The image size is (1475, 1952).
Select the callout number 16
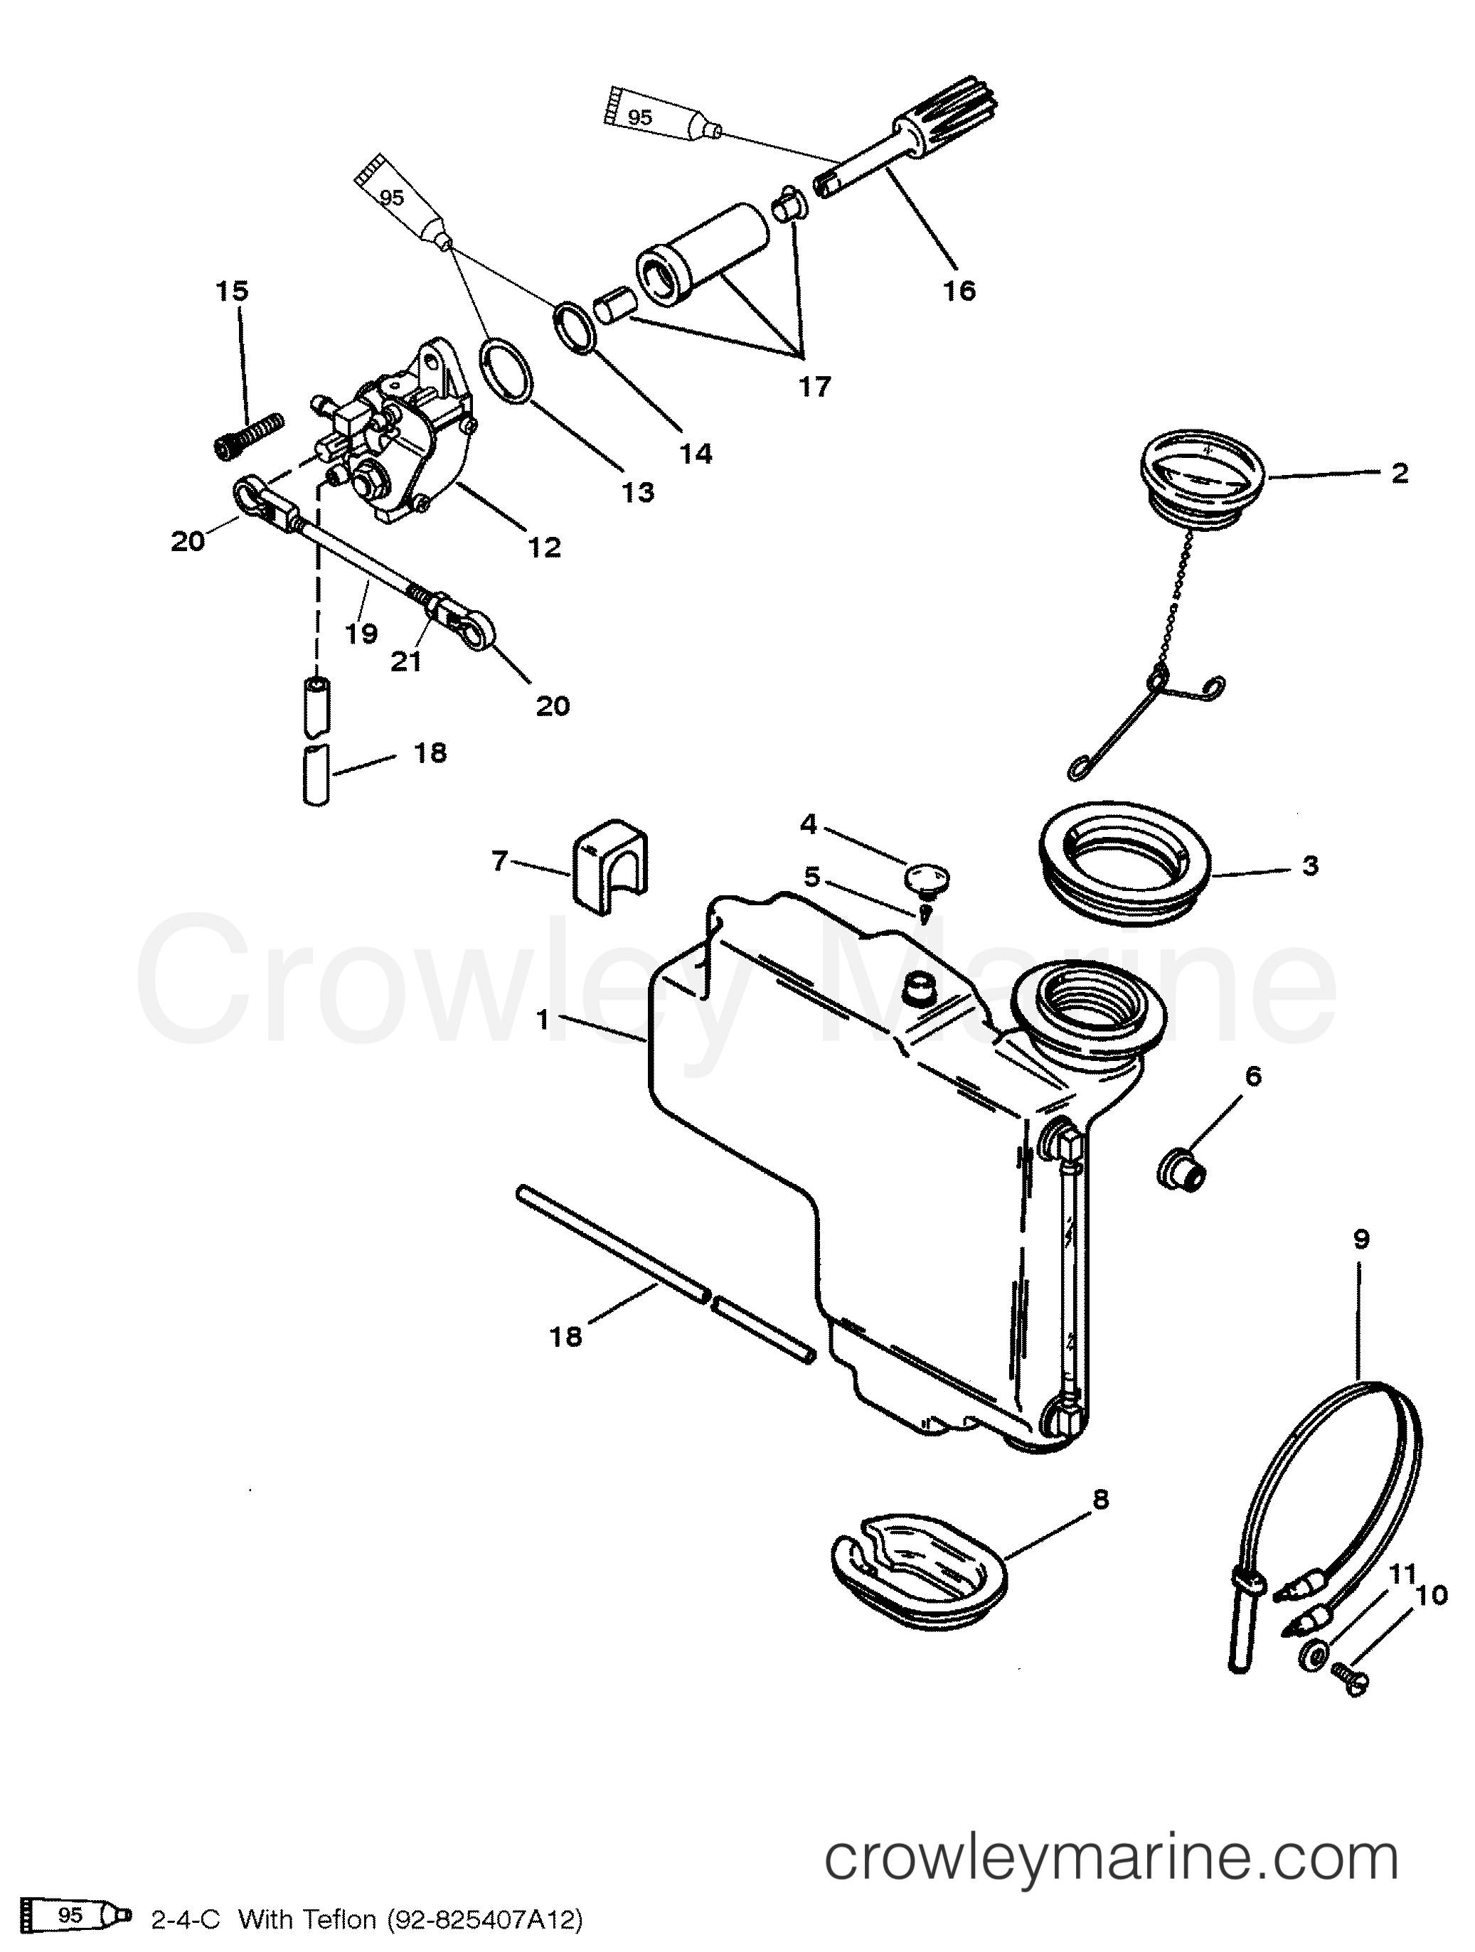(959, 289)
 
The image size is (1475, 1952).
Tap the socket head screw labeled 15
(248, 436)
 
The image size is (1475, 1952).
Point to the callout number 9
(1360, 1240)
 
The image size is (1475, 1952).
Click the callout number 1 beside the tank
(543, 1020)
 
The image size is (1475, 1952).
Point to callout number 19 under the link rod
(362, 633)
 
